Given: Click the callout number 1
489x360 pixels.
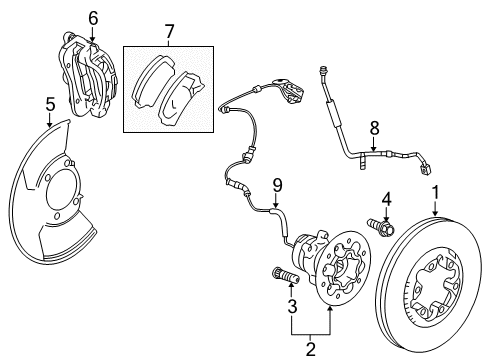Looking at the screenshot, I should tap(435, 192).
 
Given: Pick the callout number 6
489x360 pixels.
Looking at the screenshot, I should tap(93, 17).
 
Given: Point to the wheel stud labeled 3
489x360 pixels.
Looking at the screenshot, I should tap(280, 275).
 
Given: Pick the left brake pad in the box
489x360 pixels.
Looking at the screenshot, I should tap(153, 80).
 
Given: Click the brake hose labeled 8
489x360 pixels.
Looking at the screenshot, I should tap(350, 140).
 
